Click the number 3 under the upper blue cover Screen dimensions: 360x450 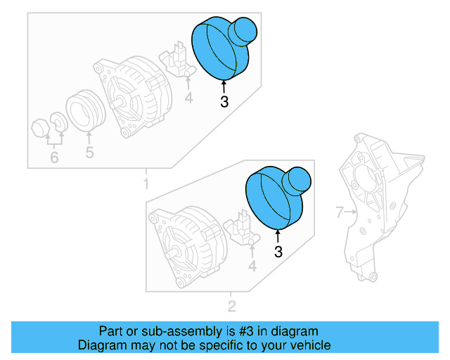point(224,102)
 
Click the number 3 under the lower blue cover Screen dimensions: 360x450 point(278,252)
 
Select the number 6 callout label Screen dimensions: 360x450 point(54,157)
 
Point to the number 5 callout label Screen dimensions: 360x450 point(89,152)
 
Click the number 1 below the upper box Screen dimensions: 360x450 point(146,184)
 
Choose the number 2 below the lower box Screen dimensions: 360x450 point(231,306)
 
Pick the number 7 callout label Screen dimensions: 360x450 point(338,212)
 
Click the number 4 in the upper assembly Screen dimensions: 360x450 point(188,98)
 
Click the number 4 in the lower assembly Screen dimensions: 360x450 point(252,266)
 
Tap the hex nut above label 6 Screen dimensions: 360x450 point(40,128)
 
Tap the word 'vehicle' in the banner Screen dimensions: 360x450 point(309,345)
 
